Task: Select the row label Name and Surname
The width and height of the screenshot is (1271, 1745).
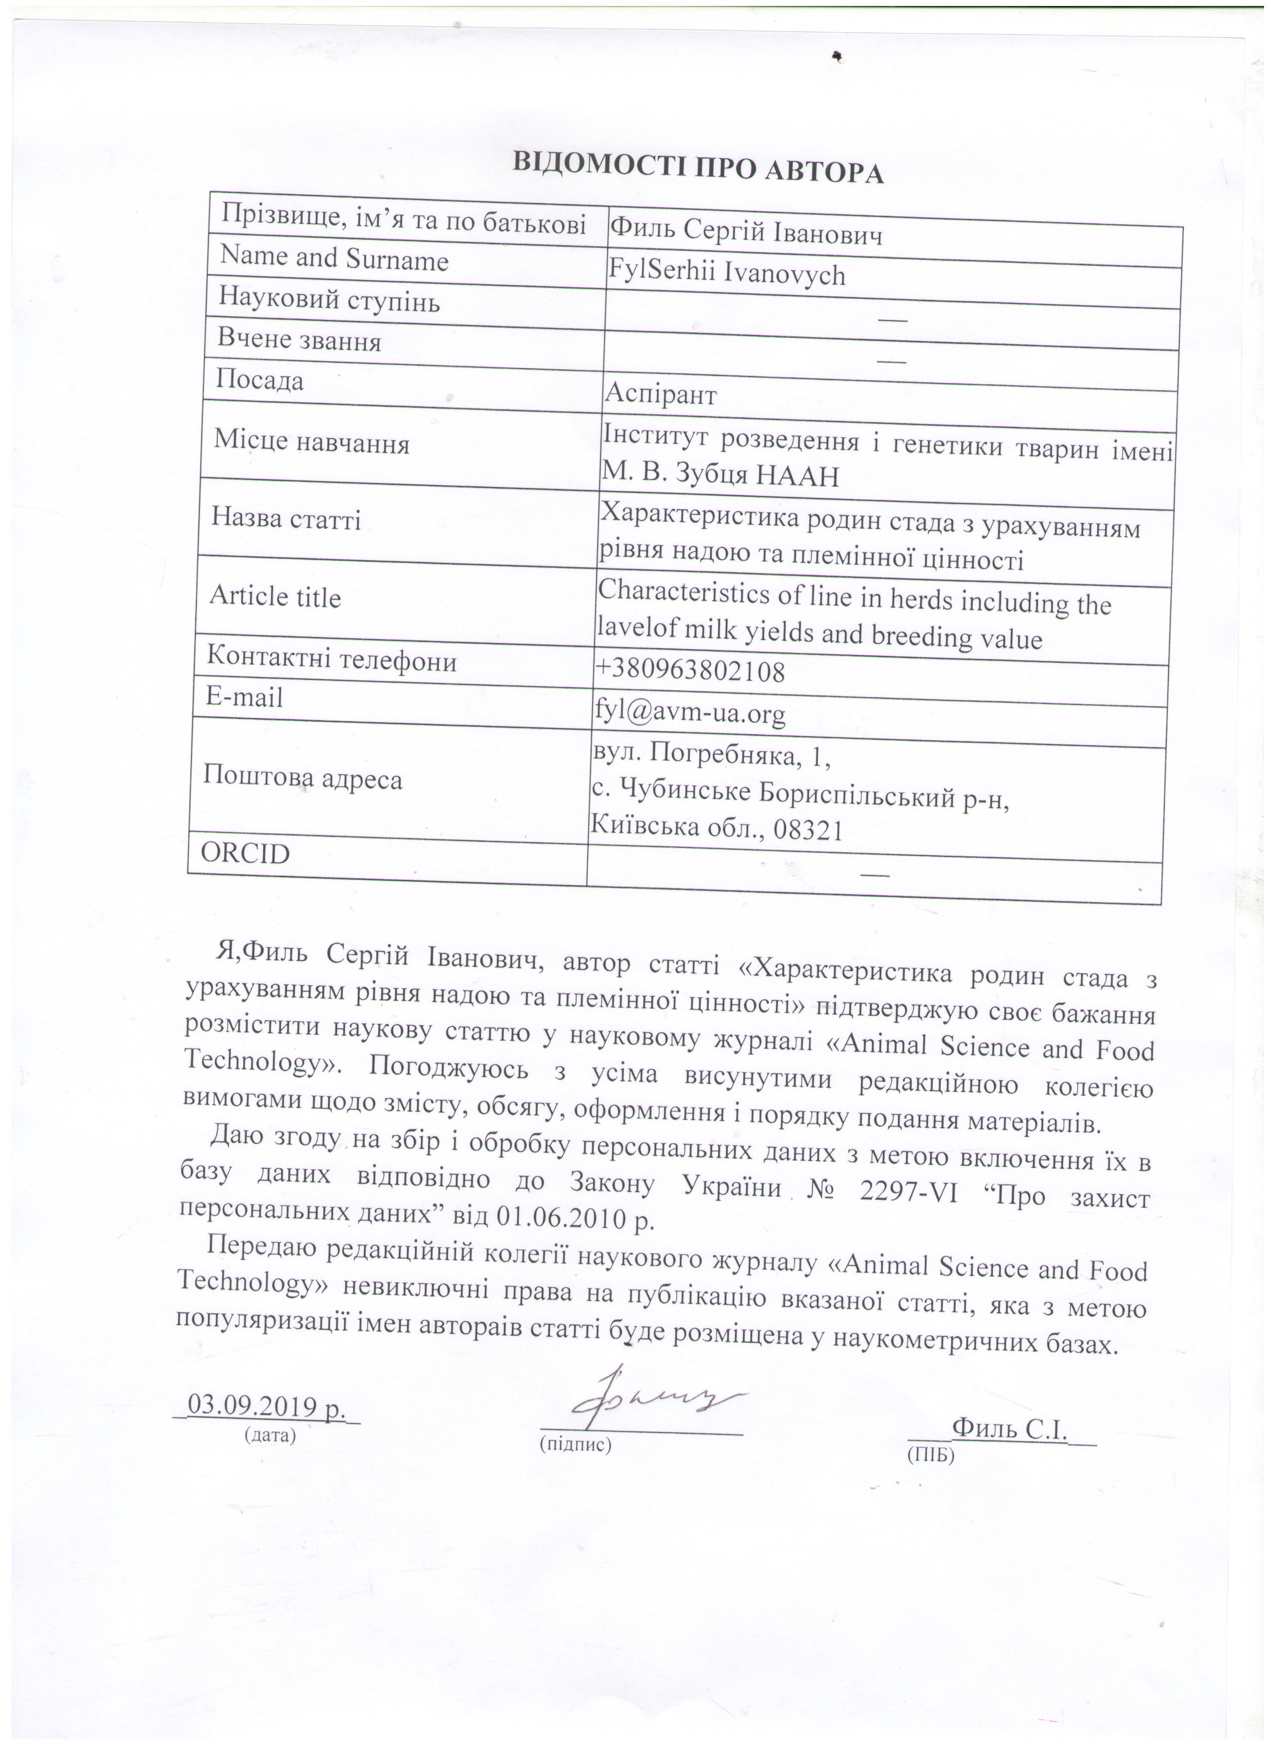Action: click(334, 259)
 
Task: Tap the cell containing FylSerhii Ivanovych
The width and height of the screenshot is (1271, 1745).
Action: click(727, 274)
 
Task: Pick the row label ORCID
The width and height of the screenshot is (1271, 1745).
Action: click(245, 853)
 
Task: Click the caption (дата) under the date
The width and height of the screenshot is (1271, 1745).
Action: click(269, 1434)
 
